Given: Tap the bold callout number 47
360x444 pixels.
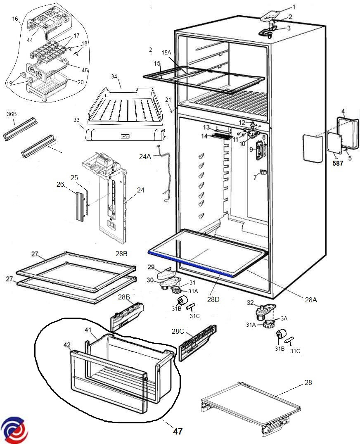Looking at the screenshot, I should [178, 432].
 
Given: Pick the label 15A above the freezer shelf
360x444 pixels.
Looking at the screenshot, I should [166, 53].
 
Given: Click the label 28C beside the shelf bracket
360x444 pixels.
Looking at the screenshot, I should [178, 332].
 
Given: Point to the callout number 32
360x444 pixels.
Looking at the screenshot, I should [250, 303].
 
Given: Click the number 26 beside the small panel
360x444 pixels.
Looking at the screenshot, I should [60, 185].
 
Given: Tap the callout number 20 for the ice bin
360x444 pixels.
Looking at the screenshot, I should [80, 82].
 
